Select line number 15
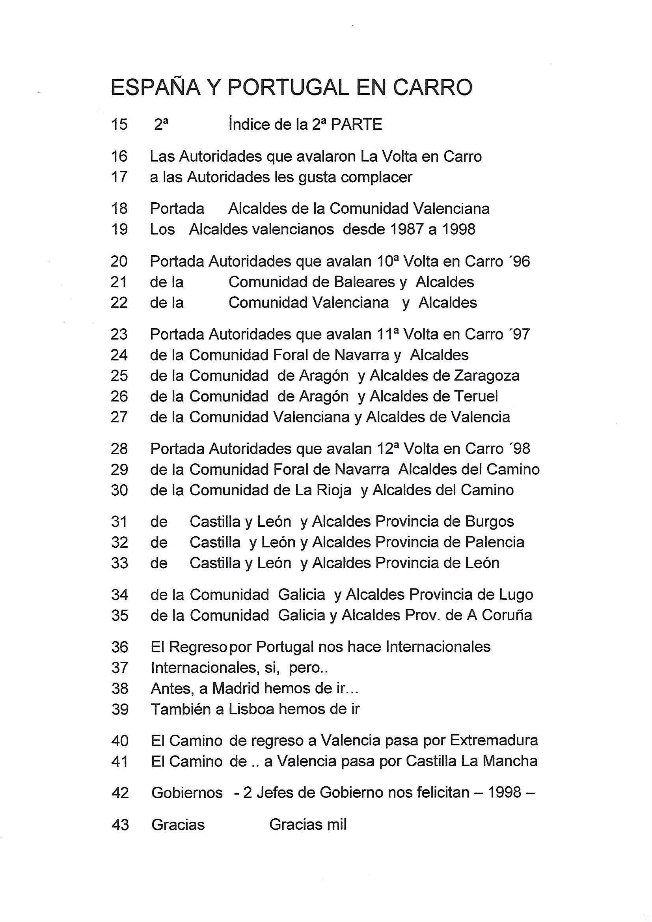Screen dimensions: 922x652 119,125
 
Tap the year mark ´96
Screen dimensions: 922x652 519,261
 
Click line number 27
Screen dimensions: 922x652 119,417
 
